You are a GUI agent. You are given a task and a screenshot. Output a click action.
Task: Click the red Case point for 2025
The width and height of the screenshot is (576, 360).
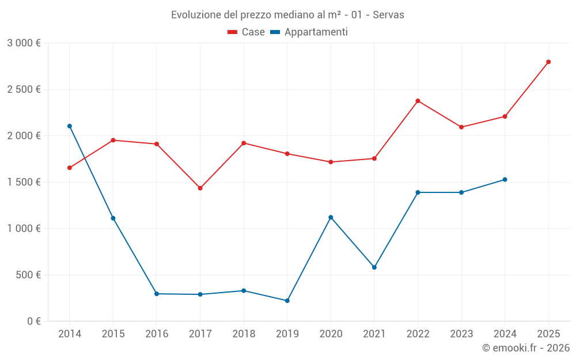tap(548, 62)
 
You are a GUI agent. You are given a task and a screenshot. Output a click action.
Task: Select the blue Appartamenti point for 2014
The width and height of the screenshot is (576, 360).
tap(70, 126)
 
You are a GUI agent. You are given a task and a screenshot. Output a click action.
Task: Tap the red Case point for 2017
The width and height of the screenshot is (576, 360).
tap(200, 188)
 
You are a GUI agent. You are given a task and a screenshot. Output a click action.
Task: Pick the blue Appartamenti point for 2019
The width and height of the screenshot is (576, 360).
tap(287, 301)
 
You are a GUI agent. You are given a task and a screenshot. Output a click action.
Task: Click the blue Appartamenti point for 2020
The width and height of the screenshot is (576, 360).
tap(331, 217)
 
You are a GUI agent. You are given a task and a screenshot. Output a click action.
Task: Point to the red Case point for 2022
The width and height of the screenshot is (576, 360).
tap(418, 101)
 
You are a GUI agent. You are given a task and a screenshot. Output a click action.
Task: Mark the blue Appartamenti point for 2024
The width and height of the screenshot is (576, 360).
tap(505, 180)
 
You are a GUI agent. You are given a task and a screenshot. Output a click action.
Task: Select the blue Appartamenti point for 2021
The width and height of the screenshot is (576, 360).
tap(374, 267)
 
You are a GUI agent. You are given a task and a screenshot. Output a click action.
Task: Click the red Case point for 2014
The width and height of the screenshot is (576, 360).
tap(70, 168)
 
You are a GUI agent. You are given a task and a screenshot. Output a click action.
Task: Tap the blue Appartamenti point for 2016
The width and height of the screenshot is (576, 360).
tap(157, 294)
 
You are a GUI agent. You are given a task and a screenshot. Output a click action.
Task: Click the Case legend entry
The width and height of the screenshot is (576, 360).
tap(247, 32)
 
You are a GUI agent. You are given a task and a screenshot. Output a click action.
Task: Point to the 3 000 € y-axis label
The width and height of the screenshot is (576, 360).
tap(24, 43)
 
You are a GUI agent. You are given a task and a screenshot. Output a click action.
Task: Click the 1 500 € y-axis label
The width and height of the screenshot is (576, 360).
tap(24, 182)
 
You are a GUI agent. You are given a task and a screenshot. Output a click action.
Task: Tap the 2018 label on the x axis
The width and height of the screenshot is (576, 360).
tap(244, 334)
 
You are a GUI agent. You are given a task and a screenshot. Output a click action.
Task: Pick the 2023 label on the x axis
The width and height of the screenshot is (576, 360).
tap(461, 334)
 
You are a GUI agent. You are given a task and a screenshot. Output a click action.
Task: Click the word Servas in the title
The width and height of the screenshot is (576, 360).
tap(388, 14)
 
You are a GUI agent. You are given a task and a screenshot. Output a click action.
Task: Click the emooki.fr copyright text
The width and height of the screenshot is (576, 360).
tap(526, 348)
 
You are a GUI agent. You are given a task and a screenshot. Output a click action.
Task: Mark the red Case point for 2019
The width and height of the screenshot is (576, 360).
tap(287, 154)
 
